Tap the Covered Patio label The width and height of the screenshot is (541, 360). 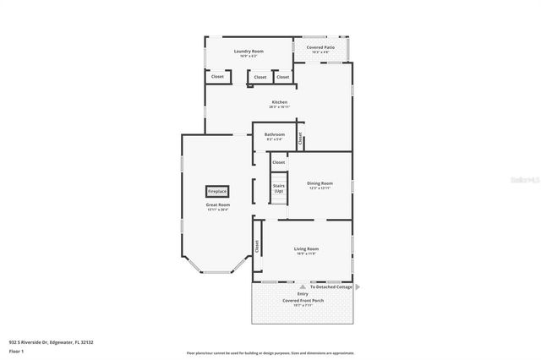(320, 48)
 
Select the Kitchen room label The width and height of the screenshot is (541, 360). (280, 102)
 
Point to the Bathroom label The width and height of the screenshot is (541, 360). (274, 134)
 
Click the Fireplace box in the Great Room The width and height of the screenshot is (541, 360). (217, 192)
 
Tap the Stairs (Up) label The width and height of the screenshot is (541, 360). (278, 188)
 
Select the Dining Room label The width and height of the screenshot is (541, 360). (320, 183)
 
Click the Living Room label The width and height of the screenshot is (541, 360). (306, 249)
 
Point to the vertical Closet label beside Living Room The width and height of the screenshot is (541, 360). (257, 246)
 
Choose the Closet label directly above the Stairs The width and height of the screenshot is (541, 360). (278, 161)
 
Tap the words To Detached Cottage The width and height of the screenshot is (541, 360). (331, 286)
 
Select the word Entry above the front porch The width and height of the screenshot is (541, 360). (302, 293)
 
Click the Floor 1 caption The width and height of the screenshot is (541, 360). (16, 350)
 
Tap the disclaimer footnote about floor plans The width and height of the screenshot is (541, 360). (270, 352)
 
